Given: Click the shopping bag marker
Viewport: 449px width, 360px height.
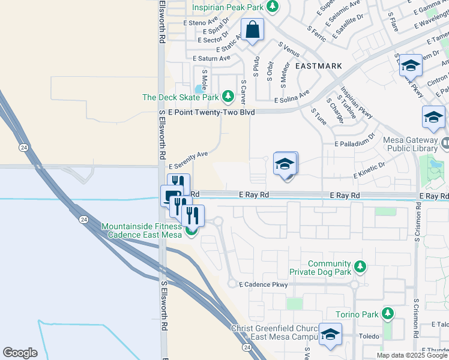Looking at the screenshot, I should [253, 29].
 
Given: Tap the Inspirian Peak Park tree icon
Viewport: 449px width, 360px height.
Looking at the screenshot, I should [273, 7].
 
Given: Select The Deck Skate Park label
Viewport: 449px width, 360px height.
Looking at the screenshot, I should [181, 97].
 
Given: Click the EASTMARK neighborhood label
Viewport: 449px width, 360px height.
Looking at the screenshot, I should [318, 66].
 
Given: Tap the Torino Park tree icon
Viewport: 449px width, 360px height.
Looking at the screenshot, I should [388, 313].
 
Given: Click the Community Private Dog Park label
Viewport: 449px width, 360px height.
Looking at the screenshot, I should [329, 268].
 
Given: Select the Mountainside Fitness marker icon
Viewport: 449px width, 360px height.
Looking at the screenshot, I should [191, 230].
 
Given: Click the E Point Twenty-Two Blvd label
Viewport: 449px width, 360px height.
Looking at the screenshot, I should [207, 112].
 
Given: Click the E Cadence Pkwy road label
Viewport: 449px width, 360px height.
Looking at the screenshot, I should [264, 285].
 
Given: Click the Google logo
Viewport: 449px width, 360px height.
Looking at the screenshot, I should [20, 352].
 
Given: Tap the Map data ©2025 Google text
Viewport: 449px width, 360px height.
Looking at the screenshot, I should [412, 355].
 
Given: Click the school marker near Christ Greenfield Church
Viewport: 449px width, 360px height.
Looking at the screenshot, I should [330, 334].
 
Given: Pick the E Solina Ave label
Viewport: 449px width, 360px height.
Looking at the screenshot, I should [292, 98].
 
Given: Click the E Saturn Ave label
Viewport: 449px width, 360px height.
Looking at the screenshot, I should [211, 58].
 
